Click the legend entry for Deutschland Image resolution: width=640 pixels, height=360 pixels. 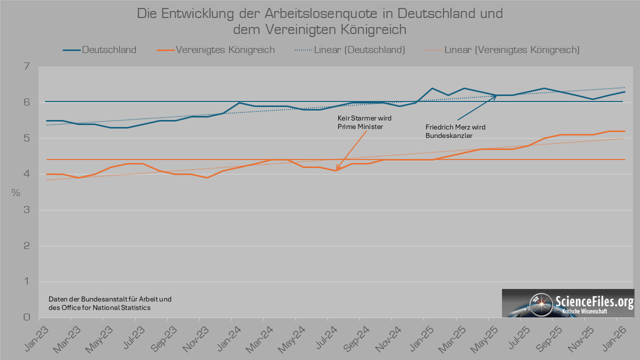pos(99,50)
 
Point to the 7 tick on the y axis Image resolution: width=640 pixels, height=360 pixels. pos(26,66)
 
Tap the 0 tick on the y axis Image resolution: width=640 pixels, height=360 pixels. pos(26,317)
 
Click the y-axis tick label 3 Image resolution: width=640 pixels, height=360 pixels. pos(26,210)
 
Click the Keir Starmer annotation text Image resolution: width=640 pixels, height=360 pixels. pos(364,122)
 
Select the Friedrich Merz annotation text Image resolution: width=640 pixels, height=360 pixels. pos(455,131)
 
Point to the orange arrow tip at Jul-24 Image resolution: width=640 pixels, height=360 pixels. pos(336,170)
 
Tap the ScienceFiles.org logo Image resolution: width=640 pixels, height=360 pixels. pos(568,303)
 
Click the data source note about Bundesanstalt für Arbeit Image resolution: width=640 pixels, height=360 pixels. pos(110,303)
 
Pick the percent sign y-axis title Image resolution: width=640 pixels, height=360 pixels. pos(16,193)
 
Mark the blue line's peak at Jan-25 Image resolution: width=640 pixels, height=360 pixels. pos(432,88)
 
